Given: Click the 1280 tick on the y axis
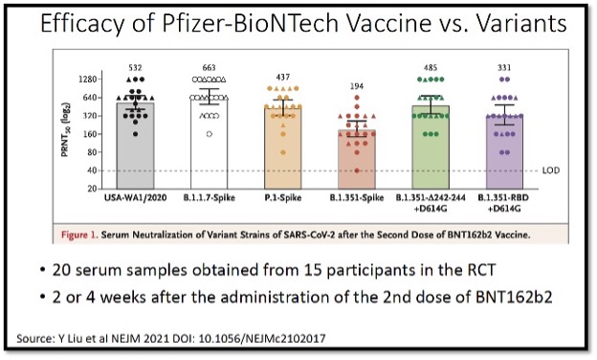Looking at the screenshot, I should (x=90, y=79).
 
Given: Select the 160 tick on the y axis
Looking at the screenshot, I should (x=93, y=134).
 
